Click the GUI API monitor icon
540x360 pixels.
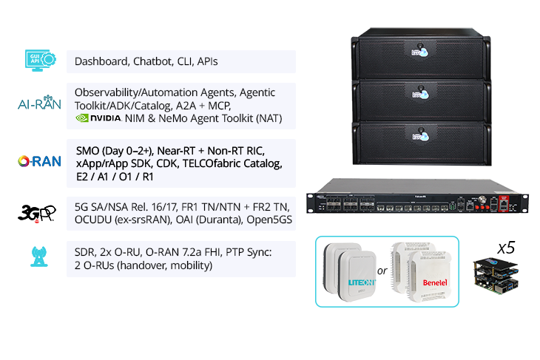tap(40, 60)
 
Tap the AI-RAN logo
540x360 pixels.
tap(39, 103)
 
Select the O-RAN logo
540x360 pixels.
tap(39, 161)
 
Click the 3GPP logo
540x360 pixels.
tap(37, 214)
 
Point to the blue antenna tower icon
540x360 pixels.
tap(39, 257)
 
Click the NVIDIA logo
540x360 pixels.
tap(98, 118)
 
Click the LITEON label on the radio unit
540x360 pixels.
tap(361, 282)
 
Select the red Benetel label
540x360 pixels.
tap(435, 282)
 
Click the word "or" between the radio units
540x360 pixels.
tap(382, 271)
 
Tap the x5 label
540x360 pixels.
tap(506, 248)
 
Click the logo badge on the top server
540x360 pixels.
tap(420, 52)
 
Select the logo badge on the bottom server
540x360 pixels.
tap(420, 136)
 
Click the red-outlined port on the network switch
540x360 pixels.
tap(504, 204)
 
